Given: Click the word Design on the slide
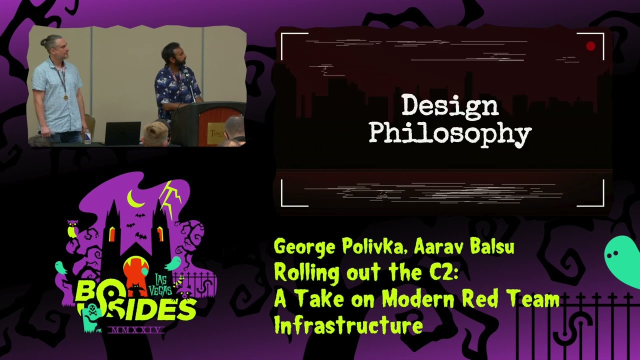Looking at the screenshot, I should point(449,106).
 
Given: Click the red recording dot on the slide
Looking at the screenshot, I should point(590,46).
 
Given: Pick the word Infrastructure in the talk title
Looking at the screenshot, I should point(348,326).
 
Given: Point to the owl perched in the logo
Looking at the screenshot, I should point(72,229).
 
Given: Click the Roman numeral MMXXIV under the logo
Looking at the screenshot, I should point(136,330).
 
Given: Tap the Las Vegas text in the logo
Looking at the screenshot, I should point(163,284).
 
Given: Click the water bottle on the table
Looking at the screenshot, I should point(87,136).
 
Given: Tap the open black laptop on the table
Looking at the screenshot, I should point(122,133).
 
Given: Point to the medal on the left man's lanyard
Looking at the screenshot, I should point(65,97).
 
